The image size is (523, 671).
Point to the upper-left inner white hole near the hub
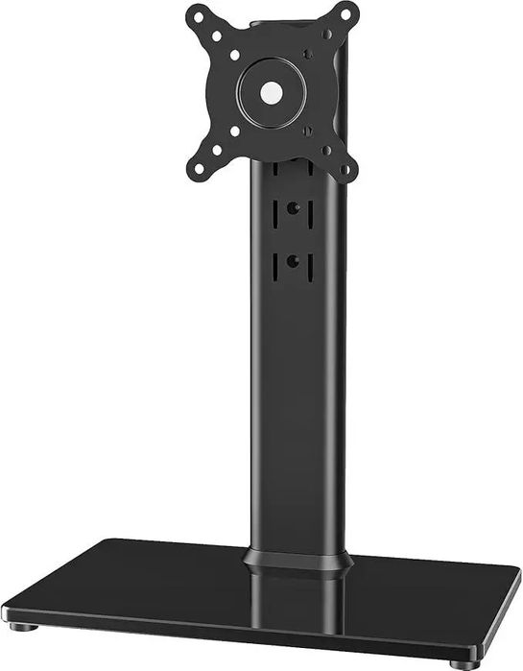tap(234, 56)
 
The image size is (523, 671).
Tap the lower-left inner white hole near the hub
tap(234, 131)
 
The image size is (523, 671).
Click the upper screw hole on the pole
tap(293, 207)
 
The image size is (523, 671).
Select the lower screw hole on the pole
tap(293, 260)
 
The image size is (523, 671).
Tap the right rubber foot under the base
tap(466, 663)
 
